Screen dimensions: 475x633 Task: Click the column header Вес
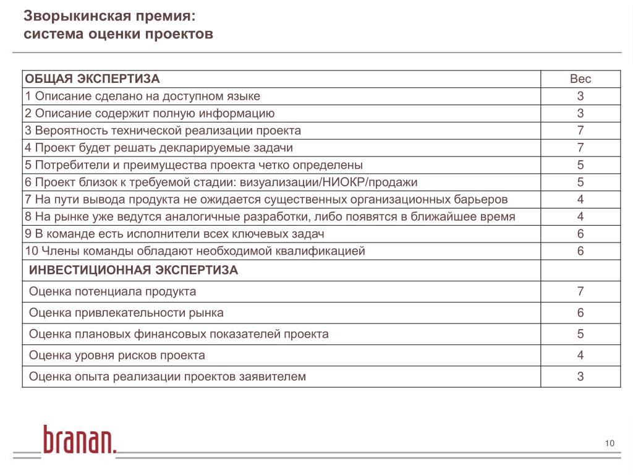point(580,79)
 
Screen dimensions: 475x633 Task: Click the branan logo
point(79,440)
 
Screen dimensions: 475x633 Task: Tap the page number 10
point(610,443)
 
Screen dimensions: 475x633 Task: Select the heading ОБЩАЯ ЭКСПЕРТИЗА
point(92,79)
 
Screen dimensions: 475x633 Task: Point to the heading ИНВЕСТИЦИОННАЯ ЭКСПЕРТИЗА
point(134,270)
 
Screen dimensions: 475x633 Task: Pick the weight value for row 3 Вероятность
point(580,131)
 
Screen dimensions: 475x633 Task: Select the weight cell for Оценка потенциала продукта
point(580,291)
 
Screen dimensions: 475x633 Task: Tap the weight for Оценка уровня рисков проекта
point(580,355)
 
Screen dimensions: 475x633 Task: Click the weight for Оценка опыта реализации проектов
point(580,376)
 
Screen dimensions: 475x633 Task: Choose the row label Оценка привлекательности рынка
point(127,313)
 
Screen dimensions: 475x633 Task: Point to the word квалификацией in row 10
point(321,251)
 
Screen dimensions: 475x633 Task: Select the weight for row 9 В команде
point(580,234)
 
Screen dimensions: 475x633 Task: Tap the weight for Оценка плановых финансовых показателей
point(580,334)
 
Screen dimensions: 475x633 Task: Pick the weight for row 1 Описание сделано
point(580,96)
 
